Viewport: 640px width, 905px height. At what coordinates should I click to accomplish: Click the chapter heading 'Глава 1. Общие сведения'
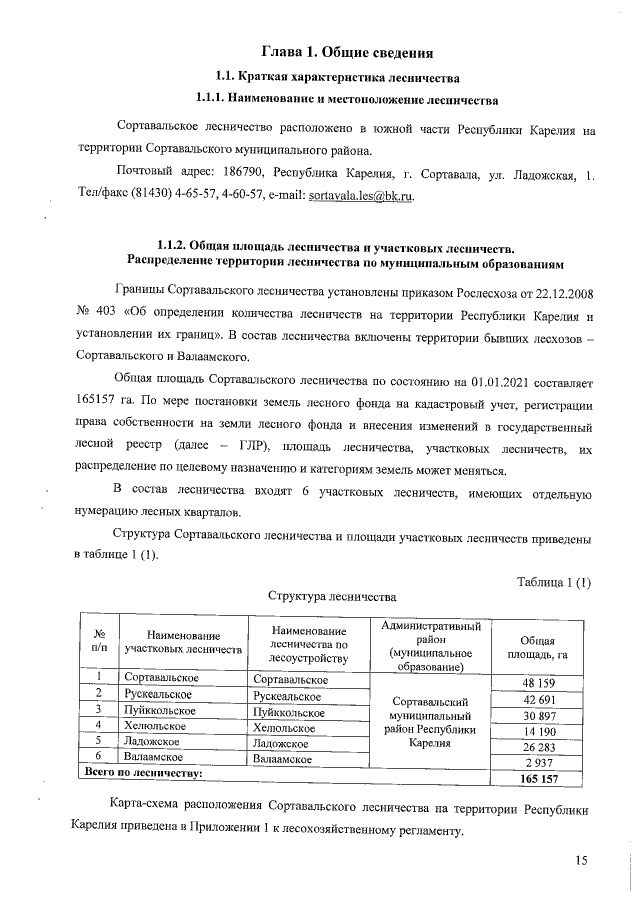(346, 50)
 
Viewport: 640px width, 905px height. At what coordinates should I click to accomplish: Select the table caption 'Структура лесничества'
(332, 596)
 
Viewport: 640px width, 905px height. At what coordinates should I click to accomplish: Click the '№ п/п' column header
(99, 641)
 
